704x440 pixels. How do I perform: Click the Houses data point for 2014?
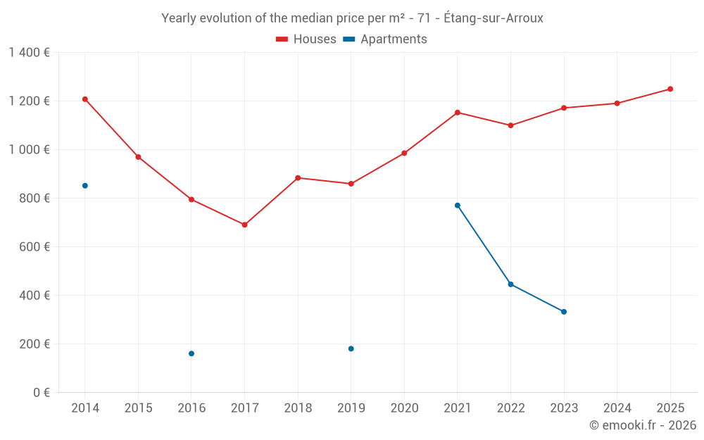tap(85, 99)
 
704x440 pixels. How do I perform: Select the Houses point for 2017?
tap(244, 225)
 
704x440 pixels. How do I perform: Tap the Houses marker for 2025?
tap(670, 89)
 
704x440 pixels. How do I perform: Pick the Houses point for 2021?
tap(458, 113)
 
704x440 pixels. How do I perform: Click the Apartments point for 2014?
tap(85, 186)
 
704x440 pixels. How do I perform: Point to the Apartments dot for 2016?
tap(191, 353)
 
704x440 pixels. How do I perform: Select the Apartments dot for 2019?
tap(351, 348)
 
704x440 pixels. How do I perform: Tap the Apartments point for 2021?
tap(458, 206)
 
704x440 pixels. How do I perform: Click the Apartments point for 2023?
tap(564, 312)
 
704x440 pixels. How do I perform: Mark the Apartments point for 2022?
tap(510, 284)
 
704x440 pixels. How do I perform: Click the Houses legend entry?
tap(306, 39)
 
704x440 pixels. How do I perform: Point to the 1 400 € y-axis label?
tap(30, 53)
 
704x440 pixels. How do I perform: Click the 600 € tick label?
tap(34, 247)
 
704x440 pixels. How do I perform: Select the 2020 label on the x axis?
tap(404, 408)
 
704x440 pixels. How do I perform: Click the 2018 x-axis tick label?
tap(298, 408)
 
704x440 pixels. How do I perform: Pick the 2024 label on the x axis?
tap(617, 408)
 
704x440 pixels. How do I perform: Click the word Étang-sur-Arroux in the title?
tap(494, 18)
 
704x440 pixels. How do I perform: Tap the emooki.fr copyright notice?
tap(643, 425)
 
